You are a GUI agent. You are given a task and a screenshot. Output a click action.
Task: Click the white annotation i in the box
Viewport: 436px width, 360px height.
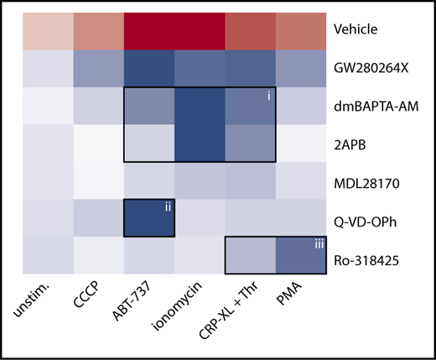pyautogui.click(x=267, y=97)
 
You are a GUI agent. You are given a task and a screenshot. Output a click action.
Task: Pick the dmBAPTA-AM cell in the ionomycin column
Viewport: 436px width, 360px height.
pyautogui.click(x=200, y=106)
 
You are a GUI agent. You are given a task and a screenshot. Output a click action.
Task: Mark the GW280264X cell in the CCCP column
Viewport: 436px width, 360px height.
pyautogui.click(x=98, y=68)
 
